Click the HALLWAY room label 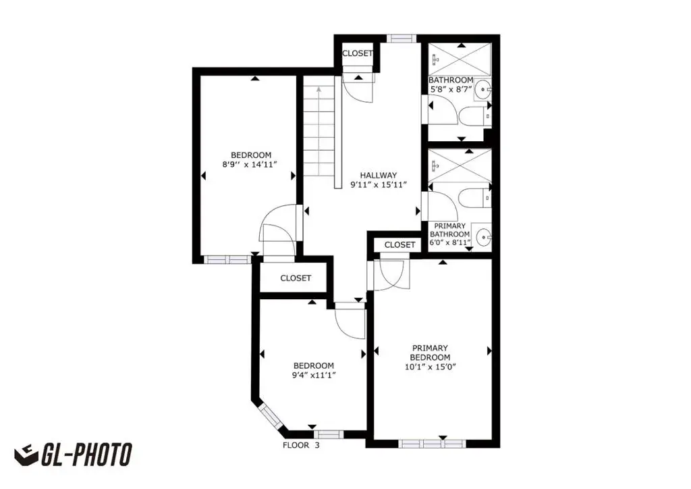pos(378,175)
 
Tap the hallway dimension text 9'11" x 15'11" pos(378,185)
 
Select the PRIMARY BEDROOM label pos(430,353)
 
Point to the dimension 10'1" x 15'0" pos(430,367)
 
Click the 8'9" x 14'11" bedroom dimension pos(250,165)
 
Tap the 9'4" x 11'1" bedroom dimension pos(313,376)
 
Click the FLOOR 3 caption pos(301,445)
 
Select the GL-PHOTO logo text pos(86,455)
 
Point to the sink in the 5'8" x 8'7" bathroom pos(483,90)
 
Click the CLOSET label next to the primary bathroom pos(399,244)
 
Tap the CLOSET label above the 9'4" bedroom pos(296,278)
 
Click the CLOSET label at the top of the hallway pos(358,53)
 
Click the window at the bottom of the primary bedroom pos(432,443)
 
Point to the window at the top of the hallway pos(402,38)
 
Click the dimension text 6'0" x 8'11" pos(450,242)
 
